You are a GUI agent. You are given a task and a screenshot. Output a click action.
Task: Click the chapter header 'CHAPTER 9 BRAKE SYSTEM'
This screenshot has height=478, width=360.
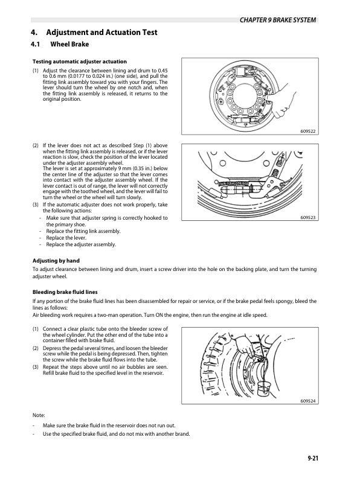pos(277,20)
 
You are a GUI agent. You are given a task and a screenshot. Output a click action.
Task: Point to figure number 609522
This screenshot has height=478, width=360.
pos(308,131)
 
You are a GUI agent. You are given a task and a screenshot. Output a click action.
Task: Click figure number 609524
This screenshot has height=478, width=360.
pos(308,401)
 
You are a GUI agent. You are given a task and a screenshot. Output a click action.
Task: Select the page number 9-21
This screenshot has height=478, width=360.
pos(312,459)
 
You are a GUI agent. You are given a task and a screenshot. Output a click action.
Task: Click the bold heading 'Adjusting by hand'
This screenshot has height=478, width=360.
pos(59,261)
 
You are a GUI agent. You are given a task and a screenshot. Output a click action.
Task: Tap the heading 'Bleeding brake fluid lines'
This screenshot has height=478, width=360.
pos(69,292)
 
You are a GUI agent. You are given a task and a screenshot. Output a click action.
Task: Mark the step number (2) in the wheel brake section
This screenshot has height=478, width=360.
pos(36,145)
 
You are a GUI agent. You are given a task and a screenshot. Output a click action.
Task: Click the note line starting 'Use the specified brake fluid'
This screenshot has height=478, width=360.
pos(115,434)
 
